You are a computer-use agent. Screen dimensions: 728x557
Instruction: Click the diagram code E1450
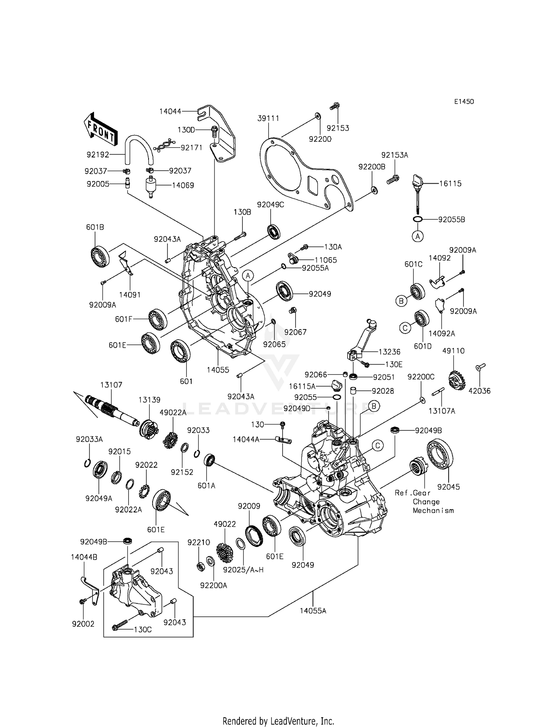click(463, 102)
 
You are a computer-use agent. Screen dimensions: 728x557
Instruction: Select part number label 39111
click(268, 118)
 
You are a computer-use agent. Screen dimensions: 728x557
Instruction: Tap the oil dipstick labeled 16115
click(416, 193)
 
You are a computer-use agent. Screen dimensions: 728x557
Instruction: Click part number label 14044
click(170, 111)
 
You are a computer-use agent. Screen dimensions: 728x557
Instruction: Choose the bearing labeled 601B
click(100, 256)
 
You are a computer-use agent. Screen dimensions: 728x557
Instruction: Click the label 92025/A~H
click(243, 570)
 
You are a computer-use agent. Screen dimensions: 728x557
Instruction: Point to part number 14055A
click(313, 611)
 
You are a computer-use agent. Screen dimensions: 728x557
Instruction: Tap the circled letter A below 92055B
click(418, 236)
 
